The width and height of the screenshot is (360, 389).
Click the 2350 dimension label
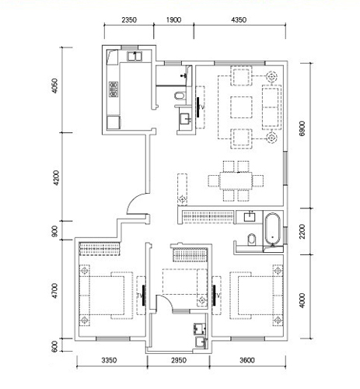129,19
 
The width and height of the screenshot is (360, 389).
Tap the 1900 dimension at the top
173,19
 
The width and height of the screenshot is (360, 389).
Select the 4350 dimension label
239,19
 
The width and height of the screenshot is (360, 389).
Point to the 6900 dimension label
302,129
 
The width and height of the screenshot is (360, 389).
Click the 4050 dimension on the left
54,86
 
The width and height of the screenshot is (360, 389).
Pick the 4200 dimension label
56,178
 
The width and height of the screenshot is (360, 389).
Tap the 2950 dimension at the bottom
179,360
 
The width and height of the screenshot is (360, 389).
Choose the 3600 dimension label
247,360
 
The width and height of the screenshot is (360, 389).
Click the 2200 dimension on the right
302,232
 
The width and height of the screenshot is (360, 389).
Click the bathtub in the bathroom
273,229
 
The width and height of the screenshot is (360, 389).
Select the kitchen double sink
135,56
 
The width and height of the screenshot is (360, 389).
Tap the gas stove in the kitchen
114,89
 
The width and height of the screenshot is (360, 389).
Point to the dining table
236,180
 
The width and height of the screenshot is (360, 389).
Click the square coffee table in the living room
241,107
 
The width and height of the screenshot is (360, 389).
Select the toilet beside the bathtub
252,240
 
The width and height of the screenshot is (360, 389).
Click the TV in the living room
198,107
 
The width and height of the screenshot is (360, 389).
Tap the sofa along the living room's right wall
271,107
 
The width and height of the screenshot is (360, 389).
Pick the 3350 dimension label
109,360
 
